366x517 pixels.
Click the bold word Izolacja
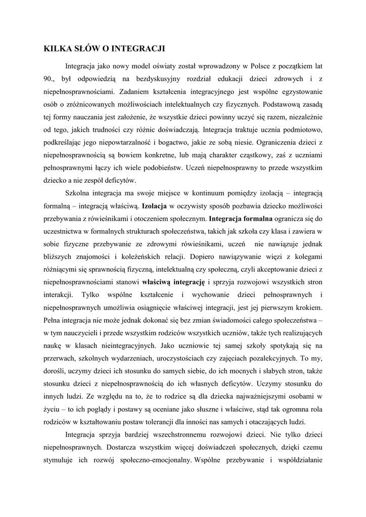(155, 206)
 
